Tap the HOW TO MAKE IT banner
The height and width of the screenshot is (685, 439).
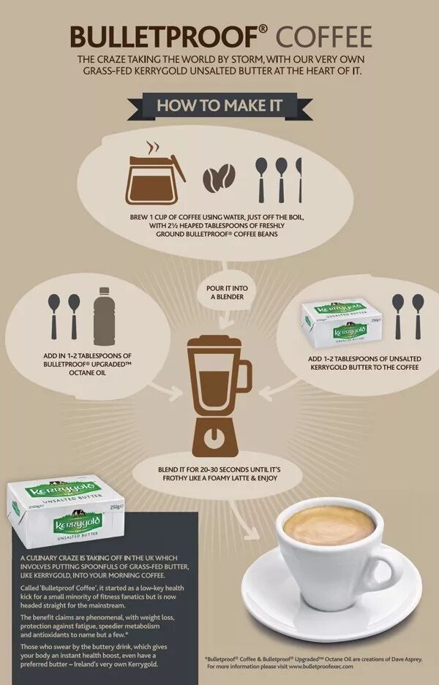[x=219, y=106]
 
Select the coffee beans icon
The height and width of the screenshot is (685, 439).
[x=219, y=178]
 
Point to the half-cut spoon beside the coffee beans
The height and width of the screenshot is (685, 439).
[x=299, y=180]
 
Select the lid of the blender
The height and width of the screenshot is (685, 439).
[x=214, y=341]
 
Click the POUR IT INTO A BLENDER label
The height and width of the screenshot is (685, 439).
[x=226, y=292]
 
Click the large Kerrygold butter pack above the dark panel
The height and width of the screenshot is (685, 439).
[x=66, y=511]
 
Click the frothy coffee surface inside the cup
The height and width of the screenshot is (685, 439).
[x=329, y=526]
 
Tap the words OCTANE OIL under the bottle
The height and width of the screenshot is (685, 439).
[x=88, y=373]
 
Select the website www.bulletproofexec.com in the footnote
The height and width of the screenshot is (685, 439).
[x=320, y=667]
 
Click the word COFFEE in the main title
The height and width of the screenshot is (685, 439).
[x=323, y=37]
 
